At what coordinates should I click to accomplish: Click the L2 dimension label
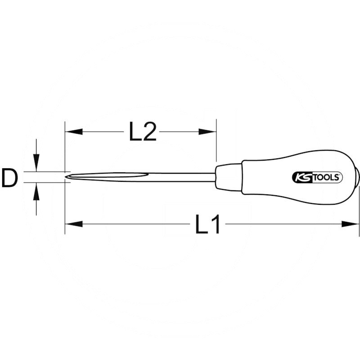tap(143, 132)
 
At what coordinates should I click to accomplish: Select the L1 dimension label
tap(208, 224)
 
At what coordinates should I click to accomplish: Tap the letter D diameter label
tap(9, 178)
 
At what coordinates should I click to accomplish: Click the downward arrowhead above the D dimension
tap(36, 165)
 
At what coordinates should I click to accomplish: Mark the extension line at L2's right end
tap(216, 144)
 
